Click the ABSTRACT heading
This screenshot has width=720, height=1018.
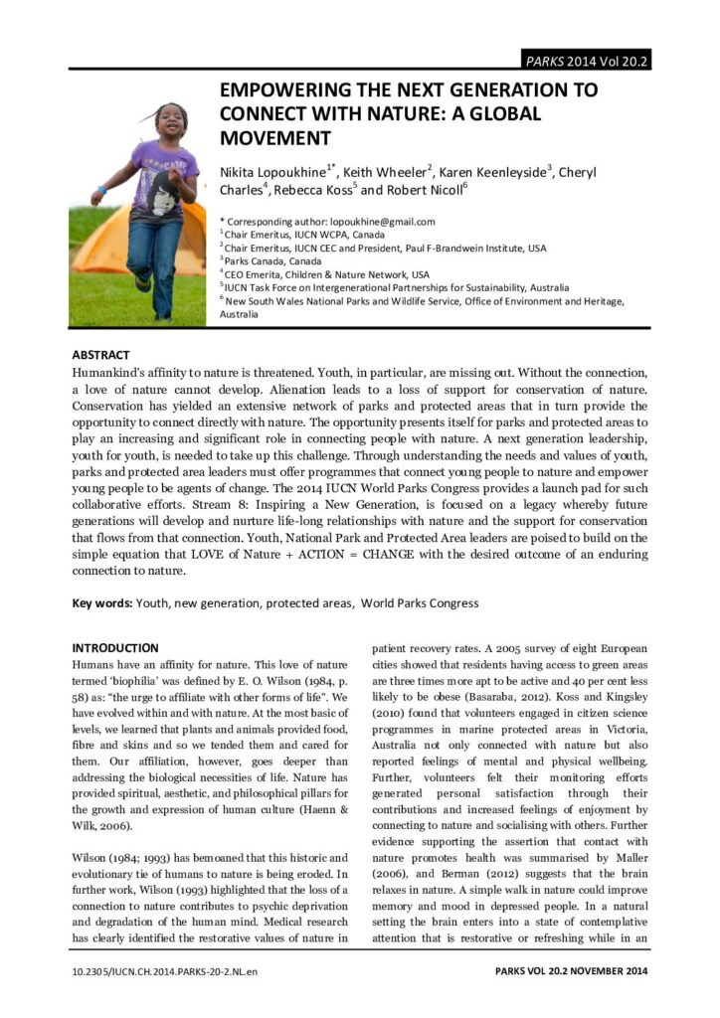click(100, 354)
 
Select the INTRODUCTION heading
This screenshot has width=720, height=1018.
click(115, 647)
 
